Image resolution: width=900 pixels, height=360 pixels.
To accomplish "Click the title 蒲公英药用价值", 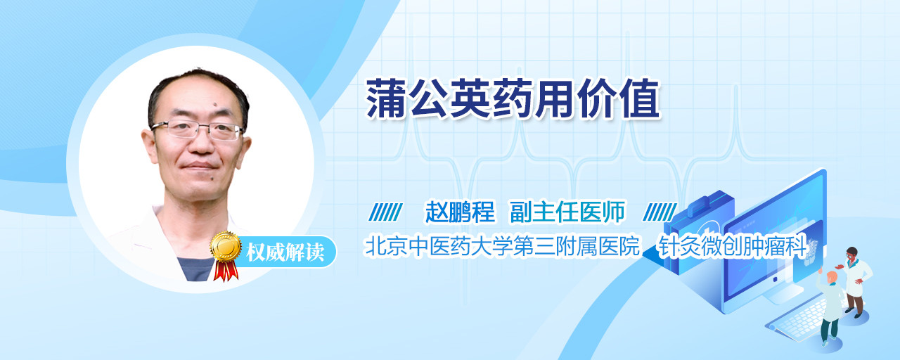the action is [513, 98].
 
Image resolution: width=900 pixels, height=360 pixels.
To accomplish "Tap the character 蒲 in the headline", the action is [386, 98].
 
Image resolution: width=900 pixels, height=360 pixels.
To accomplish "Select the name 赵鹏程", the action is [461, 212].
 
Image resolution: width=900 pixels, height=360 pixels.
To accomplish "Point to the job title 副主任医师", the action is [567, 212].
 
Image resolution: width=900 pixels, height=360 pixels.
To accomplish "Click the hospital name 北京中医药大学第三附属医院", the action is [502, 246].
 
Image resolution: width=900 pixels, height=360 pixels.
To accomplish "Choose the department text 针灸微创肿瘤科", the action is [732, 246].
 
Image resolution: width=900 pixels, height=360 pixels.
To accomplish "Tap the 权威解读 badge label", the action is [285, 252].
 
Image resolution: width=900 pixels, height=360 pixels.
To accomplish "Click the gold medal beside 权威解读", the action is [226, 246].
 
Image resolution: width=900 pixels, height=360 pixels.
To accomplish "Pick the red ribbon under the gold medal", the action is [226, 271].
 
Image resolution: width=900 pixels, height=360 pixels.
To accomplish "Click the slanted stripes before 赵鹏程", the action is [385, 212].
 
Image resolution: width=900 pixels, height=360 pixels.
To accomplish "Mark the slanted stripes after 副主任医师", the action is [660, 212].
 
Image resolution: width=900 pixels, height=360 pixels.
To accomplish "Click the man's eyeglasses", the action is [198, 130].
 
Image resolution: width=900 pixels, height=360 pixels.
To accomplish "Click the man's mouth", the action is [199, 165].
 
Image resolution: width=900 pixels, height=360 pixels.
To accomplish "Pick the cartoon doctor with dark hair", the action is [855, 281].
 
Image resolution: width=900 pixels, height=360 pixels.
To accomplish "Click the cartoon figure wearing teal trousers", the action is [829, 307].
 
